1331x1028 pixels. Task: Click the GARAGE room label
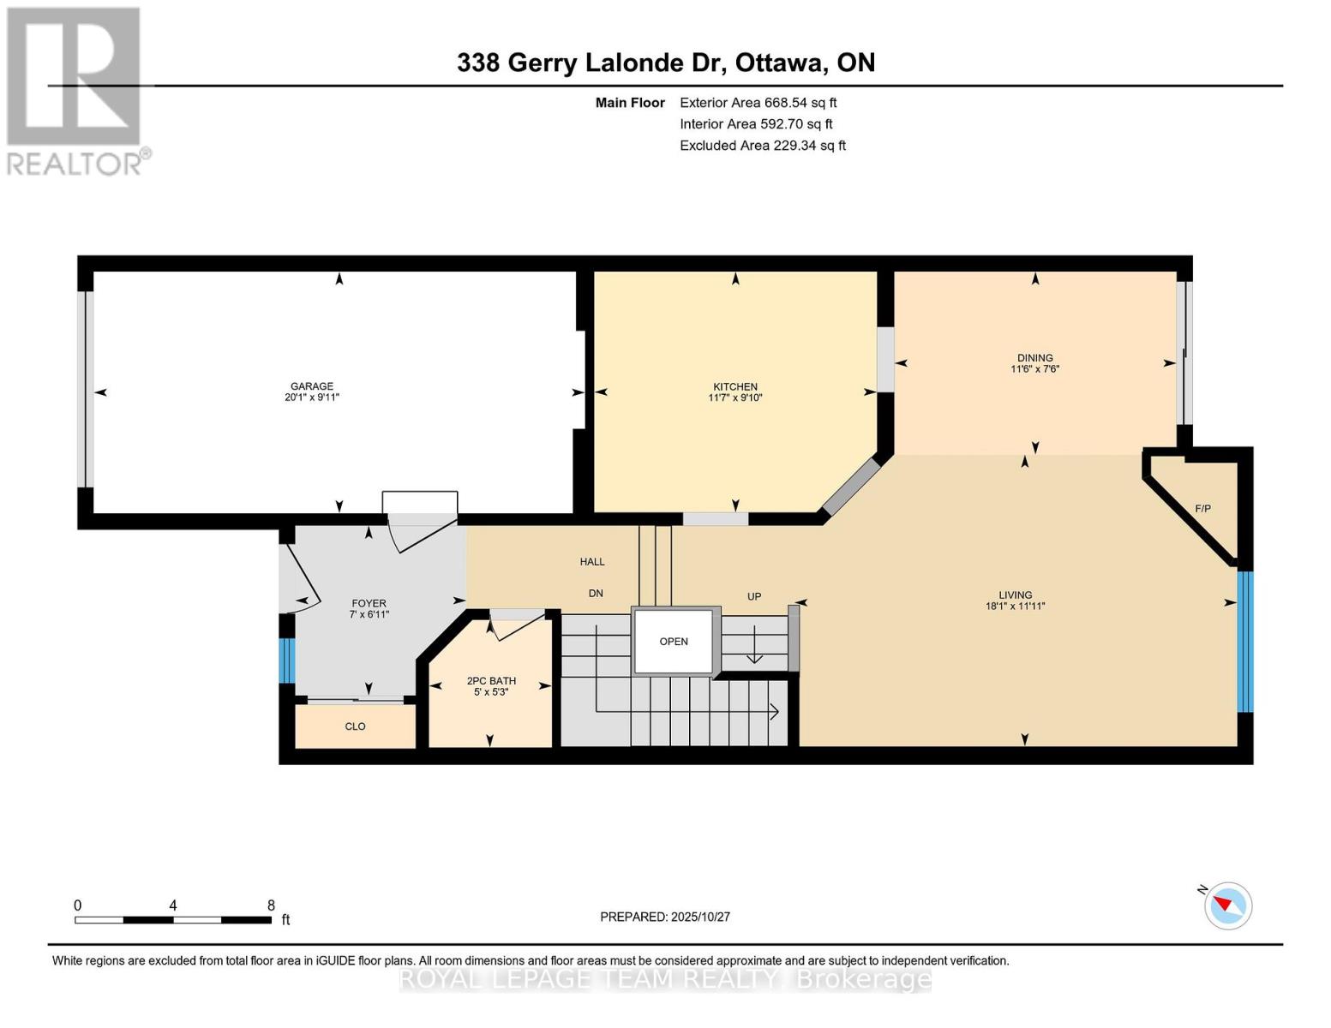[x=311, y=386]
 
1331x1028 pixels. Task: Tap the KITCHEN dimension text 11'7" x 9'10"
[x=734, y=397]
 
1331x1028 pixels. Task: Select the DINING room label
[x=1034, y=358]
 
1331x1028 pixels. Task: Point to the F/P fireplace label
[x=1202, y=509]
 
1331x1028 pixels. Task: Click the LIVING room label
[x=1015, y=595]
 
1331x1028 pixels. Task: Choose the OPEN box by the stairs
[x=674, y=642]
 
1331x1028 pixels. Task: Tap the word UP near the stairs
[x=753, y=596]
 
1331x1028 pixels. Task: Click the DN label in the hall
[x=596, y=593]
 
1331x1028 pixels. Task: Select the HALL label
[x=592, y=562]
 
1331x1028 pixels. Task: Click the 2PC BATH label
[x=491, y=681]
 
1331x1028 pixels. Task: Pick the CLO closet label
[x=355, y=726]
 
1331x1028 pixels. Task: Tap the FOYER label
[x=369, y=603]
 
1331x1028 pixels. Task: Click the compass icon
[x=1227, y=905]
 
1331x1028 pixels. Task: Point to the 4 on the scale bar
[x=173, y=905]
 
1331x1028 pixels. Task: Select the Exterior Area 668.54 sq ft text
[x=758, y=103]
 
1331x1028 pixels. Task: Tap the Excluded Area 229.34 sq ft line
[x=762, y=146]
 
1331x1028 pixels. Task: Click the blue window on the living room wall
[x=1244, y=642]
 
